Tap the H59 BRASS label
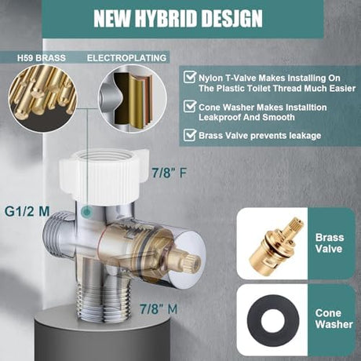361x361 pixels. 42,58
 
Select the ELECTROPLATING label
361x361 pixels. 126,58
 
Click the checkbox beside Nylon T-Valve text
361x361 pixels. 189,77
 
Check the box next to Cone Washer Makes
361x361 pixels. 189,106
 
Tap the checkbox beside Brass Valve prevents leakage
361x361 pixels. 189,135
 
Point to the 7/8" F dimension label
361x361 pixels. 170,173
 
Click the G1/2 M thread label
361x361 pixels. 27,211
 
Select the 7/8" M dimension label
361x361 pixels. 159,309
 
